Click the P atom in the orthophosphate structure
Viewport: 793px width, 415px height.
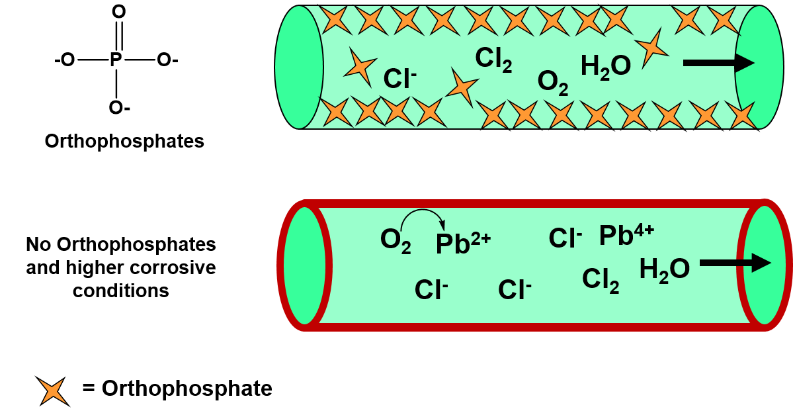point(116,60)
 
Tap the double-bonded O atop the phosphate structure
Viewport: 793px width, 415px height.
point(119,12)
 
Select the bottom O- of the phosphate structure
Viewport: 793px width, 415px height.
point(119,108)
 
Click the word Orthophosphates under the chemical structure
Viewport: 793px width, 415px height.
point(124,141)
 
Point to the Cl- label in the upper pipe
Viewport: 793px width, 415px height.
point(399,79)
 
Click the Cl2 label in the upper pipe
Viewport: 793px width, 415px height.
point(493,60)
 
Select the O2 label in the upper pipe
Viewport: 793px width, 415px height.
point(552,83)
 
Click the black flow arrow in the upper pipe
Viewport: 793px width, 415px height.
point(719,63)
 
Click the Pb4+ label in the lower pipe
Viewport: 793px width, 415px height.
point(626,235)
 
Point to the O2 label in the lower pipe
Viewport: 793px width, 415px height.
point(396,241)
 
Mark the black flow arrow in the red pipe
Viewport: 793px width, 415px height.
point(735,263)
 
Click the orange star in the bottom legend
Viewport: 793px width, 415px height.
point(53,391)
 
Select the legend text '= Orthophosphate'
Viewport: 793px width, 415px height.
point(177,388)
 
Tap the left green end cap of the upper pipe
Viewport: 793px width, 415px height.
point(299,67)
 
